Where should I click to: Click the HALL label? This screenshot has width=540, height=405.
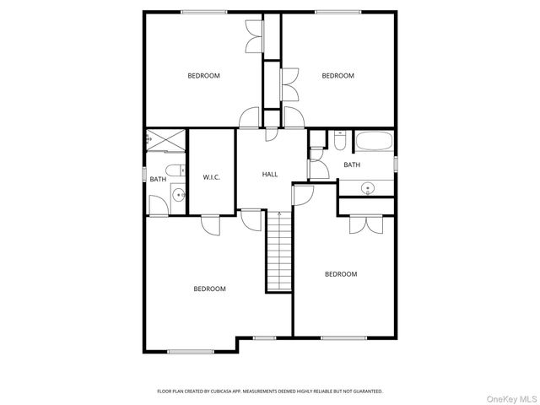[x=270, y=174]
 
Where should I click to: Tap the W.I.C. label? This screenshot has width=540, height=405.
[x=212, y=176]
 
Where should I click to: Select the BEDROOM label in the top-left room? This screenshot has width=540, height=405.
[x=203, y=76]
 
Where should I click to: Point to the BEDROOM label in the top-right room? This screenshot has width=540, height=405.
[x=337, y=76]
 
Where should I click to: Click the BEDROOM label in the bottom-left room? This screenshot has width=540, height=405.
[x=209, y=289]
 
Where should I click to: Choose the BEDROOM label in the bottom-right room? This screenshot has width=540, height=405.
[x=341, y=273]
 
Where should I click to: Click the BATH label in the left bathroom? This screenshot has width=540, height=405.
[x=158, y=179]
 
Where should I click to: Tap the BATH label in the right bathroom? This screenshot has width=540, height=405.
[x=352, y=165]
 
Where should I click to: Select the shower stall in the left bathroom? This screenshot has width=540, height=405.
[x=165, y=140]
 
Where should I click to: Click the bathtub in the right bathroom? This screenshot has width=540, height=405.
[x=373, y=141]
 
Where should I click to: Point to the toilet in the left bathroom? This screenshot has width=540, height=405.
[x=175, y=171]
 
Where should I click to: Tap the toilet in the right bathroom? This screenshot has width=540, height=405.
[x=338, y=140]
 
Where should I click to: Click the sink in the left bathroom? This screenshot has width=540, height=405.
[x=178, y=197]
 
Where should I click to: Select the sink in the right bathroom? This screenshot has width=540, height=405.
[x=368, y=187]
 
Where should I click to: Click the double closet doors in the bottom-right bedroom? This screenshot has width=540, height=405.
[x=357, y=224]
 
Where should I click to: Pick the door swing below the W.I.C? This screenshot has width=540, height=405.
[x=210, y=224]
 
